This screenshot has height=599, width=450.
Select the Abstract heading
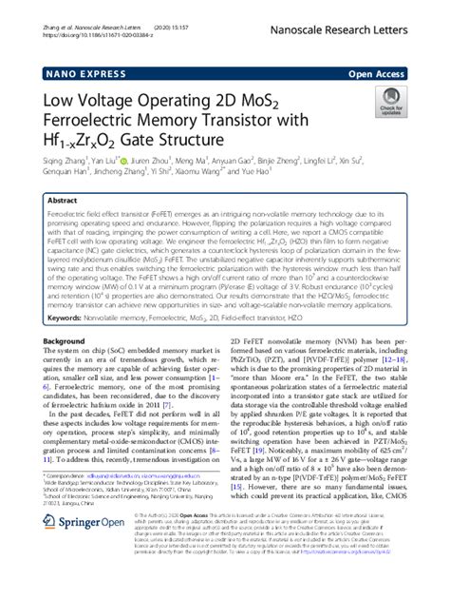tap(65, 202)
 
